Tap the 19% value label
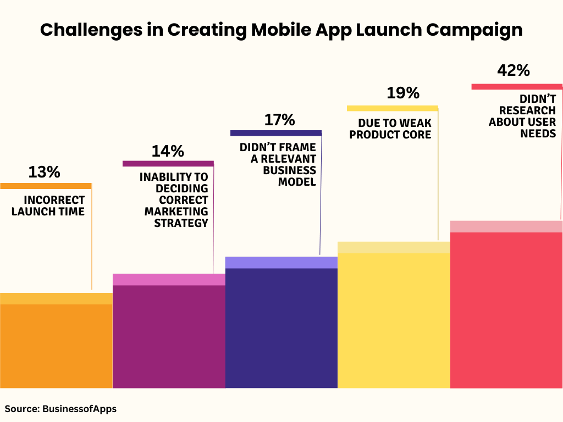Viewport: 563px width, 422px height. click(402, 93)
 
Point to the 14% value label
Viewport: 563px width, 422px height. click(168, 151)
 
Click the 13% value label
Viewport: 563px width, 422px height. click(44, 173)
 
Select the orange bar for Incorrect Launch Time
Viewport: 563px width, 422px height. click(56, 343)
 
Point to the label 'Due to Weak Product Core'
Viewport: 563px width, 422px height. click(390, 129)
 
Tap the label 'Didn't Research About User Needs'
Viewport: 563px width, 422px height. click(522, 116)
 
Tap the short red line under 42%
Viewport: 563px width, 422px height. click(517, 86)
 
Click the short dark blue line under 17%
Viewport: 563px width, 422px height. click(275, 133)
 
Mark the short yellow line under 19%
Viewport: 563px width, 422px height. click(392, 108)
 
